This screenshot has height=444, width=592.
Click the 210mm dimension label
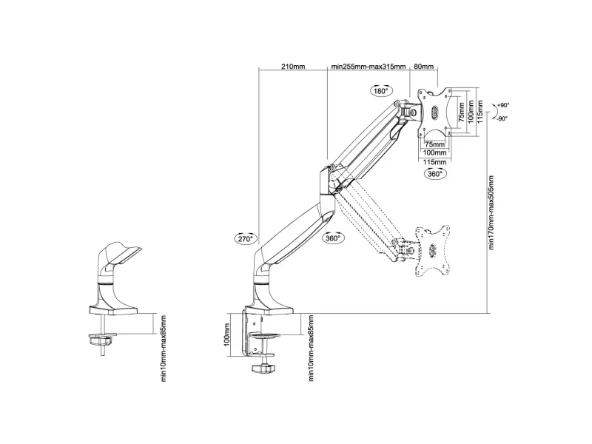[x=293, y=67]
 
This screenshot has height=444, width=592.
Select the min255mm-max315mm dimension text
[x=369, y=67]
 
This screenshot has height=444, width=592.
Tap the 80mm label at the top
[x=423, y=67]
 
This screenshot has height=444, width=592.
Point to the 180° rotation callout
[x=381, y=90]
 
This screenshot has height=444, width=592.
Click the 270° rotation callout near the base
[x=246, y=238]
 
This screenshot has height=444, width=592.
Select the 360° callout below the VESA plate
[x=435, y=174]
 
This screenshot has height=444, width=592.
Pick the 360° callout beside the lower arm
[x=333, y=238]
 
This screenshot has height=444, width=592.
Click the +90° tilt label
[x=503, y=105]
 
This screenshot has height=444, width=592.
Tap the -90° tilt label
[x=502, y=118]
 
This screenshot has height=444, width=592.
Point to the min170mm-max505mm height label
[x=491, y=212]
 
